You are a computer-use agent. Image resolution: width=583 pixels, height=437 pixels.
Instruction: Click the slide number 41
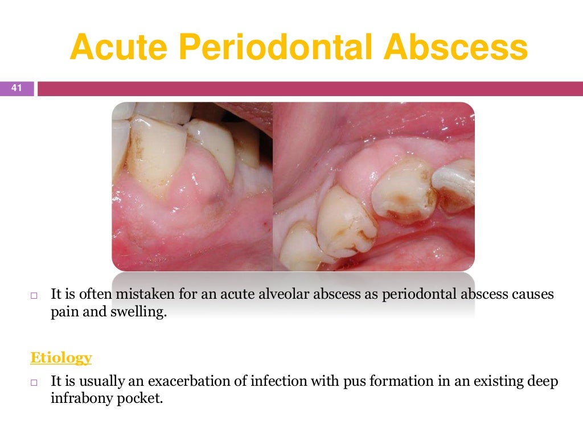17,88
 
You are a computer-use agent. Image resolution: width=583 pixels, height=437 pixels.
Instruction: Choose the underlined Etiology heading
60,358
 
